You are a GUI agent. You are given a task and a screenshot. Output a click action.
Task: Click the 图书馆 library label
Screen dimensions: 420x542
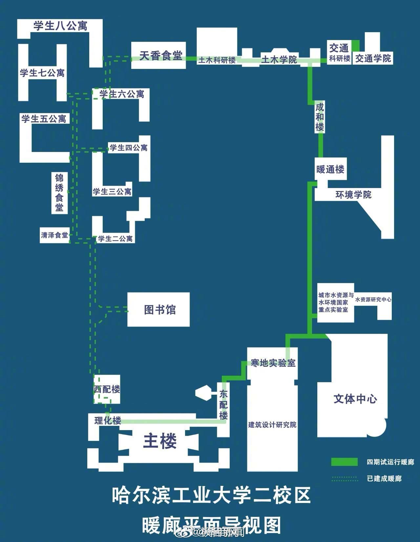tap(160, 309)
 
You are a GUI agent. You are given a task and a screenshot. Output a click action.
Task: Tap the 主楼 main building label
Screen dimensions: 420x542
tap(160, 441)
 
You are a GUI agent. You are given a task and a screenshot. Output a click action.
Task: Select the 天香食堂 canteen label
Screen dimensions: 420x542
tap(160, 55)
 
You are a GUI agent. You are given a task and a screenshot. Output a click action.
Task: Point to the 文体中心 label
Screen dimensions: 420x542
tap(355, 399)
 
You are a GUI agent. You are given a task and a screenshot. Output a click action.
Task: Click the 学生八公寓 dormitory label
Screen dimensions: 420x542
tap(60, 26)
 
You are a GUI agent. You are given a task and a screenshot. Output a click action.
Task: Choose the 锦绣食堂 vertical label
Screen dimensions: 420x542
tap(59, 193)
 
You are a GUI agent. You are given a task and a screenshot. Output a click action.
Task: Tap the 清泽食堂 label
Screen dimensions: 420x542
tap(54, 235)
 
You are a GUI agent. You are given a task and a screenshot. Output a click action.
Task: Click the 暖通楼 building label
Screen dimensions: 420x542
tap(330, 169)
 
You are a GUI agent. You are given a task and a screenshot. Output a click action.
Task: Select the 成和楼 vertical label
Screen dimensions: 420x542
tap(320, 117)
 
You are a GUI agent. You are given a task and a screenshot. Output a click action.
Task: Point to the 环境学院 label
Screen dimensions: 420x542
tap(353, 195)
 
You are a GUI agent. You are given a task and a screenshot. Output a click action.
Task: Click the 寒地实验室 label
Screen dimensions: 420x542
tap(273, 363)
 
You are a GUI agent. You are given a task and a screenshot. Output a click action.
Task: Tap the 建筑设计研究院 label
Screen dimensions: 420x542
tap(272, 425)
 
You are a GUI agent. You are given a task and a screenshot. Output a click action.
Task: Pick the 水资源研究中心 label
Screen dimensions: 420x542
tap(373, 299)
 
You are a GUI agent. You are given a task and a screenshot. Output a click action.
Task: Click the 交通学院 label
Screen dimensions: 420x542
tap(373, 58)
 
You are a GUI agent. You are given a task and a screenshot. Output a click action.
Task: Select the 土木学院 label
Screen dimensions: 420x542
tap(279, 59)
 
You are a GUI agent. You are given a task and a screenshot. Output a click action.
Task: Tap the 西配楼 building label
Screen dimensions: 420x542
tap(107, 389)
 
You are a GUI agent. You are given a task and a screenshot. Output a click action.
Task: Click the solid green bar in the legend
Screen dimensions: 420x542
tap(344, 462)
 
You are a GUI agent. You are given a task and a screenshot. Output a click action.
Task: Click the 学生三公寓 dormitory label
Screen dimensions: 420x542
tap(112, 191)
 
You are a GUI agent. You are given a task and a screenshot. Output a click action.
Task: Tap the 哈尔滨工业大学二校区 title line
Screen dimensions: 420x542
tap(211, 495)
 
